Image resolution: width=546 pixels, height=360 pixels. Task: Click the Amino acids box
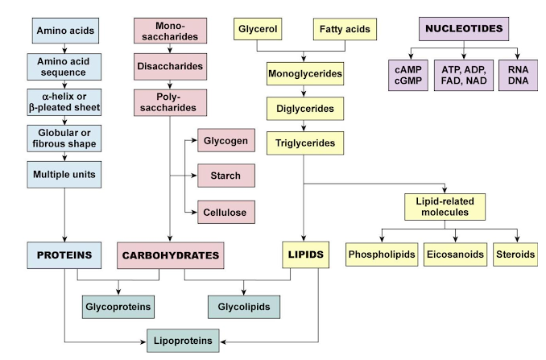pyautogui.click(x=66, y=33)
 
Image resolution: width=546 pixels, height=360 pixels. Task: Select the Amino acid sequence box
pyautogui.click(x=66, y=69)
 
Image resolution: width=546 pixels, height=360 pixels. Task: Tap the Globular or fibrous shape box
pyautogui.click(x=66, y=138)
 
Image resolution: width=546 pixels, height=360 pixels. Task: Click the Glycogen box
pyautogui.click(x=225, y=141)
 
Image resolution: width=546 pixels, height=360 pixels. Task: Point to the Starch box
pyautogui.click(x=225, y=176)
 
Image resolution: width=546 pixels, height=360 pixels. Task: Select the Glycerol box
pyautogui.click(x=257, y=31)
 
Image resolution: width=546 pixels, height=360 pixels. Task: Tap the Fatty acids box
pyautogui.click(x=345, y=31)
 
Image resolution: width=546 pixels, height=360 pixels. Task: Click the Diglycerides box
pyautogui.click(x=304, y=108)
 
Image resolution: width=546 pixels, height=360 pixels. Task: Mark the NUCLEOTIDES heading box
pyautogui.click(x=464, y=30)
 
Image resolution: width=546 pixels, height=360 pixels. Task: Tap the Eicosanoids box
pyautogui.click(x=455, y=254)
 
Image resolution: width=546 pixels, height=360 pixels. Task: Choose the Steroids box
pyautogui.click(x=515, y=254)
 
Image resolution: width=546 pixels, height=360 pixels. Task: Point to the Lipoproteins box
pyautogui.click(x=184, y=341)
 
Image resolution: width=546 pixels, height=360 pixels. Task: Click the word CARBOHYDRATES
pyautogui.click(x=170, y=255)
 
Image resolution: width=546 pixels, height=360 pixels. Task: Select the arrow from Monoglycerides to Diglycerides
pyautogui.click(x=304, y=91)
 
